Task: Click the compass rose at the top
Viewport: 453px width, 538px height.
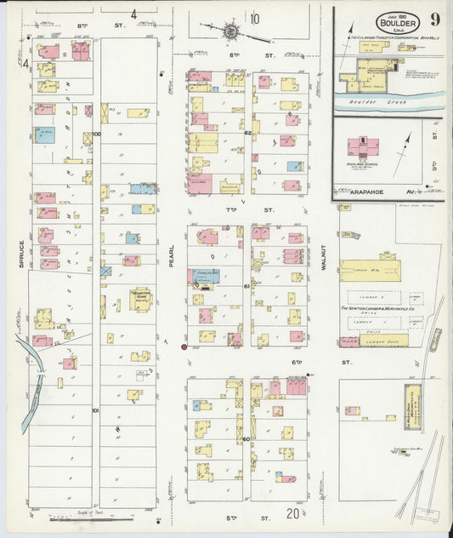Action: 230,31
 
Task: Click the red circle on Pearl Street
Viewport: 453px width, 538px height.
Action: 184,346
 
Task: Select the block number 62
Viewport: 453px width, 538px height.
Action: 247,133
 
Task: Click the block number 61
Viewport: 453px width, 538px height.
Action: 246,287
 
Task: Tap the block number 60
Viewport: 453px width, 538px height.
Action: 246,439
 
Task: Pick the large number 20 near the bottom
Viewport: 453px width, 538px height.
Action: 292,513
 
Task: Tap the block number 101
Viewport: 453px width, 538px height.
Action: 96,410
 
